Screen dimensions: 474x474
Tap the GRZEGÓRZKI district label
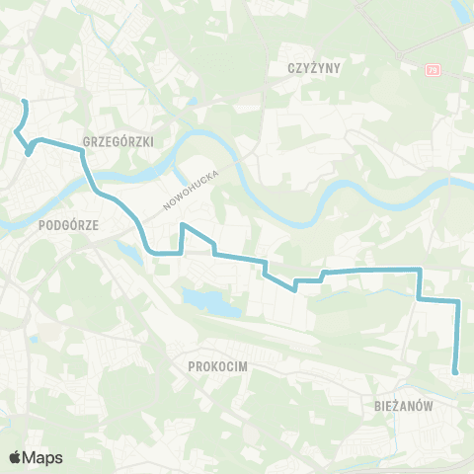point(119,141)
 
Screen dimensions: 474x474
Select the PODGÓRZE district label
point(68,224)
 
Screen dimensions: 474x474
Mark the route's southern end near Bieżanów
point(455,372)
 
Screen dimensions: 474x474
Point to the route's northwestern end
point(25,103)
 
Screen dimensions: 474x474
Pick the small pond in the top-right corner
point(461,12)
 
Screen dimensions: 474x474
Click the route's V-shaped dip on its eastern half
point(295,289)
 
